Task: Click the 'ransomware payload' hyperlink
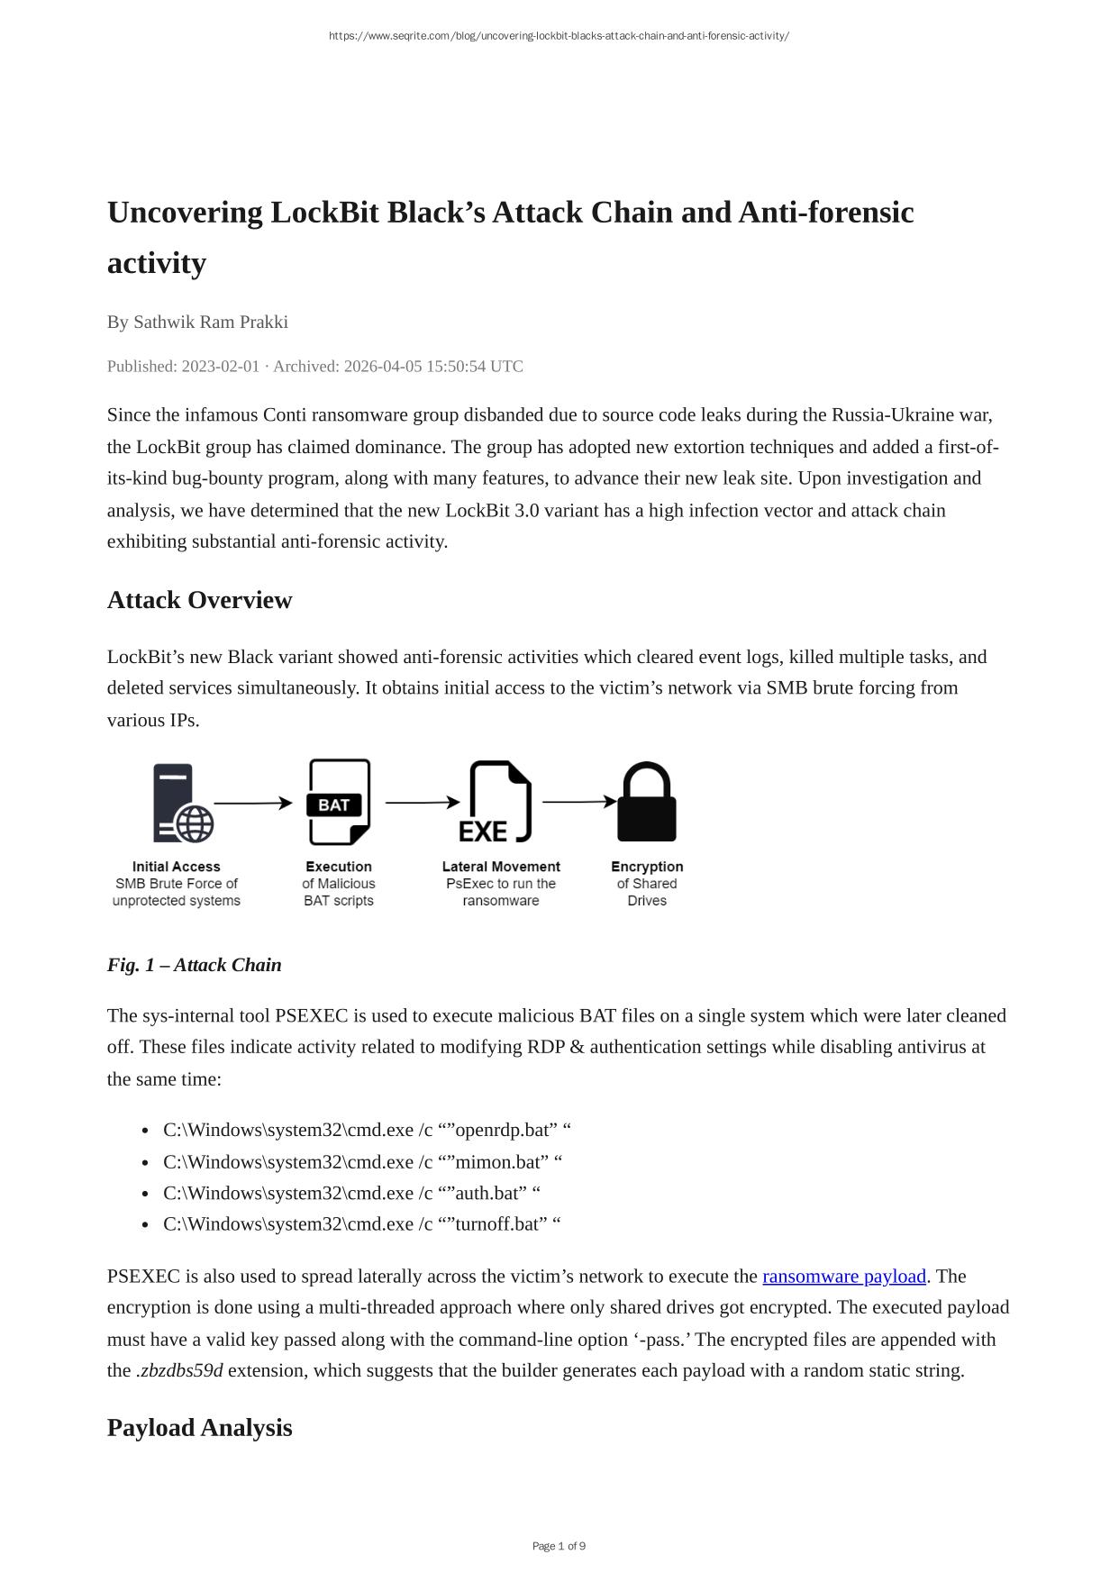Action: coord(843,1276)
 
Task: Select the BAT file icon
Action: coord(339,802)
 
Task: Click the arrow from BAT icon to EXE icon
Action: coord(423,802)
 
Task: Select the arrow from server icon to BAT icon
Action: coord(253,803)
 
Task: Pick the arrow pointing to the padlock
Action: coord(579,801)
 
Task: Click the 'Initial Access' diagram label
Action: coord(177,867)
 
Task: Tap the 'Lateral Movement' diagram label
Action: coord(501,867)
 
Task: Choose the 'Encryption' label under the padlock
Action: coord(647,867)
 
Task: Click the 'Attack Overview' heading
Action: coord(199,600)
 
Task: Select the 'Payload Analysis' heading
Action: coord(199,1428)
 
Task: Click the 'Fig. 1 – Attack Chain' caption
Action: coord(194,965)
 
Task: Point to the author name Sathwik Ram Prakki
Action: coord(210,322)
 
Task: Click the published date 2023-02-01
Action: coord(220,366)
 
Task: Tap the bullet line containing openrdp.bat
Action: coord(367,1130)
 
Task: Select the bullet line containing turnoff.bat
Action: coord(361,1223)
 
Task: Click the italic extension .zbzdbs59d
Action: coord(179,1370)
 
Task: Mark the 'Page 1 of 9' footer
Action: coord(559,1546)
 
